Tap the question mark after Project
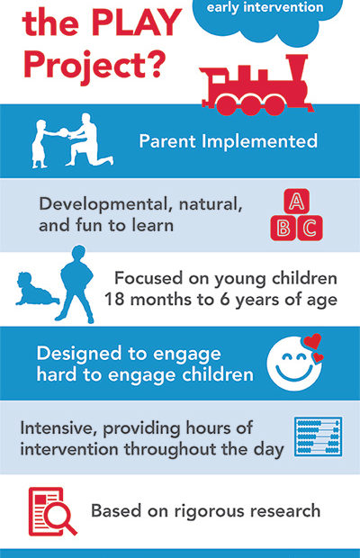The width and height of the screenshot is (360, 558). [155, 64]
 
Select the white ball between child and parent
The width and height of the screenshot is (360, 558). [65, 133]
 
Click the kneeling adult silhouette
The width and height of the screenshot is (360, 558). [89, 139]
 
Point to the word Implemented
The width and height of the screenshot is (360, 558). [259, 141]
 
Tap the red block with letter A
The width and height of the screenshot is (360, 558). [296, 201]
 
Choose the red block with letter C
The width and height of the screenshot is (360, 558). [310, 228]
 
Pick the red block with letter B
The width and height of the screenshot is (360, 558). [283, 228]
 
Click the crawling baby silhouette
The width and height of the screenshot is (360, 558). [35, 289]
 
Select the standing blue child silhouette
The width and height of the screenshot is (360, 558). [76, 283]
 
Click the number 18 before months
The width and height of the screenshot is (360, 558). [114, 300]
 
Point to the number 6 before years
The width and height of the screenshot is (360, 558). [225, 300]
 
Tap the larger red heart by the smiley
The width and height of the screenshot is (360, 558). [312, 341]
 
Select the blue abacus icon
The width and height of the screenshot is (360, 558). [318, 436]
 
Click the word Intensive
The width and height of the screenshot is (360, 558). [58, 428]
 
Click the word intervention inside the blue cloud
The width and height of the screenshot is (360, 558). [283, 7]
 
